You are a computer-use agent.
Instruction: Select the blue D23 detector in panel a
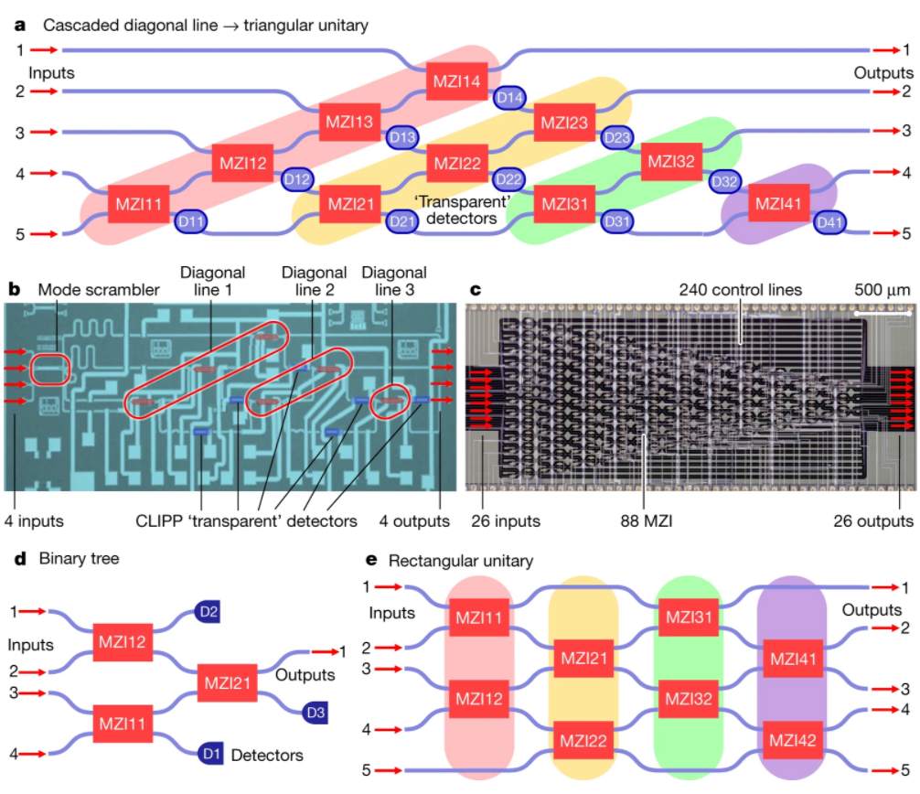pyautogui.click(x=617, y=138)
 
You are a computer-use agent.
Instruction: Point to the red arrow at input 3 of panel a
pyautogui.click(x=44, y=132)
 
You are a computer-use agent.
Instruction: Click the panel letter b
pyautogui.click(x=14, y=290)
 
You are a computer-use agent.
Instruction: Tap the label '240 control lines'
pyautogui.click(x=741, y=290)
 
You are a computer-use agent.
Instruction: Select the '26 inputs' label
pyautogui.click(x=505, y=521)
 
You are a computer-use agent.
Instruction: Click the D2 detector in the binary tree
pyautogui.click(x=207, y=610)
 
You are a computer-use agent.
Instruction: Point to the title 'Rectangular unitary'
pyautogui.click(x=461, y=559)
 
